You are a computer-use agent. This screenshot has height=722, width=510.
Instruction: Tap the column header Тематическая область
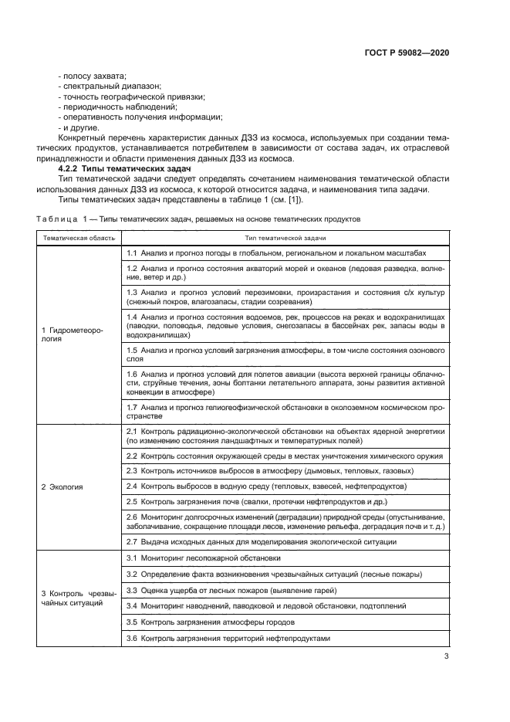click(79, 239)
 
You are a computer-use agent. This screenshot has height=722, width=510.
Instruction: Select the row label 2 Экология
click(62, 487)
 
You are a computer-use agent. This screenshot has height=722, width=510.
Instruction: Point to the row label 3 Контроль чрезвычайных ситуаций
click(78, 597)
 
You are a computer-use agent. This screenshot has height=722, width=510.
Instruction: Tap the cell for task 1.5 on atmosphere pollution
click(285, 354)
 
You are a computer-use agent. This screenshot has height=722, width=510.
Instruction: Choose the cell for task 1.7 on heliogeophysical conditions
click(285, 411)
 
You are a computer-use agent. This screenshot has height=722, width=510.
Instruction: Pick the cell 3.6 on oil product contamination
click(228, 638)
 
